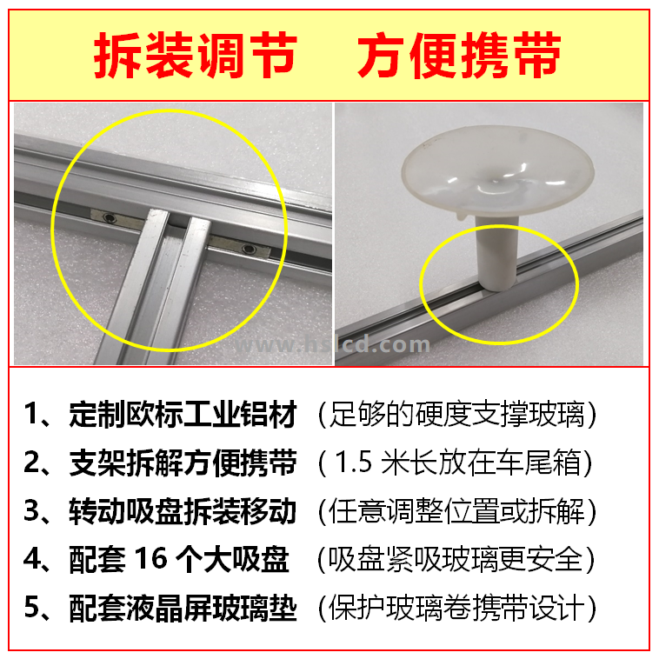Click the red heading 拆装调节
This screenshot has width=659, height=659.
pyautogui.click(x=196, y=55)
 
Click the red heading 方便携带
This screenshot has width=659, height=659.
pyautogui.click(x=459, y=55)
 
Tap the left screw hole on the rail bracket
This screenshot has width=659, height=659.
pyautogui.click(x=110, y=217)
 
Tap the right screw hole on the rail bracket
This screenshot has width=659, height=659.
pyautogui.click(x=250, y=249)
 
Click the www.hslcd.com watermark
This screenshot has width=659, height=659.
pyautogui.click(x=332, y=345)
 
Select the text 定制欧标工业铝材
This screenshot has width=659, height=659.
pyautogui.click(x=183, y=415)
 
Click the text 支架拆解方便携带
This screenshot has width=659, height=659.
pyautogui.click(x=183, y=463)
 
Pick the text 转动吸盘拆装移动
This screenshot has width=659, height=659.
pyautogui.click(x=183, y=511)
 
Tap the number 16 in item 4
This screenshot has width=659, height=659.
pyautogui.click(x=151, y=558)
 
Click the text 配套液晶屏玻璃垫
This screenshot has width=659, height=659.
pyautogui.click(x=183, y=608)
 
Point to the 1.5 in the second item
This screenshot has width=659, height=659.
pyautogui.click(x=354, y=463)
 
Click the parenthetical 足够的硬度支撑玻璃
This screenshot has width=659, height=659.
pyautogui.click(x=457, y=415)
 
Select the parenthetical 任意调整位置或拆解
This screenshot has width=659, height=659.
pyautogui.click(x=457, y=511)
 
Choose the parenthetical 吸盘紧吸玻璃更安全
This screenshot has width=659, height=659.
pyautogui.click(x=456, y=559)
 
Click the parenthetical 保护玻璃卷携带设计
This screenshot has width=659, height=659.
pyautogui.click(x=457, y=608)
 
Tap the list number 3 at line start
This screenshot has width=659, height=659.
pyautogui.click(x=31, y=510)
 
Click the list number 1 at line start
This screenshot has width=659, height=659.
pyautogui.click(x=31, y=414)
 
